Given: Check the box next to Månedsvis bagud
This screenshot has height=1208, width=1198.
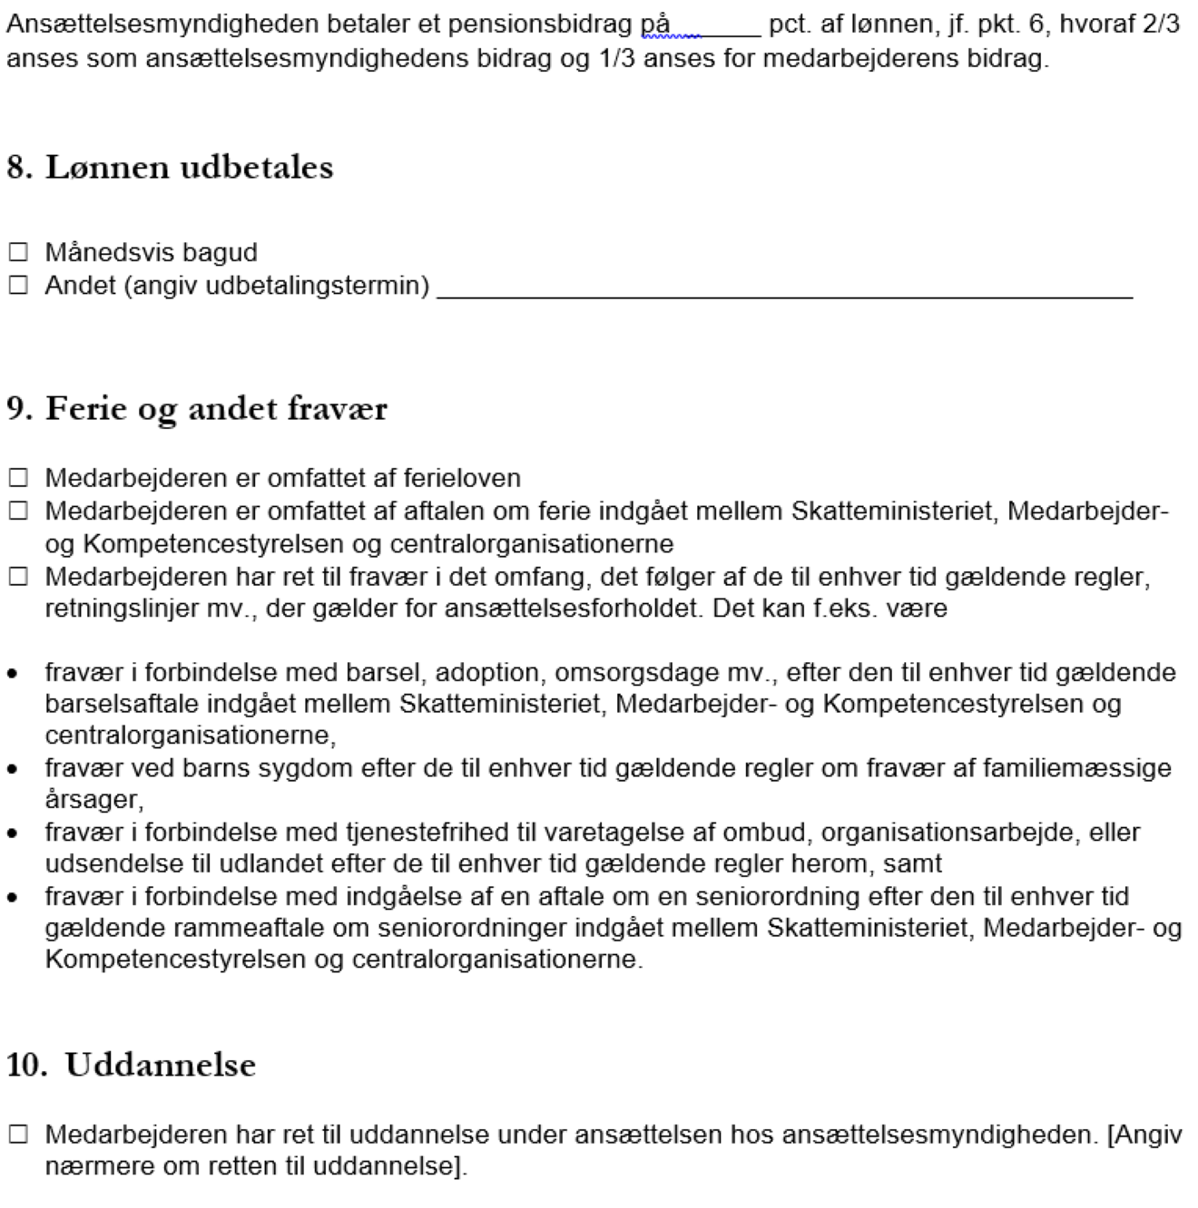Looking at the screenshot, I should click(18, 252).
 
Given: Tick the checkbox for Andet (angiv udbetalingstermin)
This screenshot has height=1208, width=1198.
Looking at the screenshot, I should click(18, 286).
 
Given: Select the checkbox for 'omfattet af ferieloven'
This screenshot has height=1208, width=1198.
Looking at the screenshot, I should click(18, 478).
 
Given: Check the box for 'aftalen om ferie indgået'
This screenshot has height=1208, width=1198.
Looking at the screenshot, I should click(18, 511).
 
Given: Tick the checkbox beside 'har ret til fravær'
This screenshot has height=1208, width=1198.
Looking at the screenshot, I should click(18, 577).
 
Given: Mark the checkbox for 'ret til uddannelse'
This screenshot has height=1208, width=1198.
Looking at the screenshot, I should click(18, 1135).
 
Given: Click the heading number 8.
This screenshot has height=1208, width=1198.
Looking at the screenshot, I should click(20, 168).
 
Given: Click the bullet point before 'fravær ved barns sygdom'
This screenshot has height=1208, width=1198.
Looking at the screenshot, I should click(13, 770).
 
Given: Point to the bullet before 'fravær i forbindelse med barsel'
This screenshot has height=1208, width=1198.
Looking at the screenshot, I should click(13, 675).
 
